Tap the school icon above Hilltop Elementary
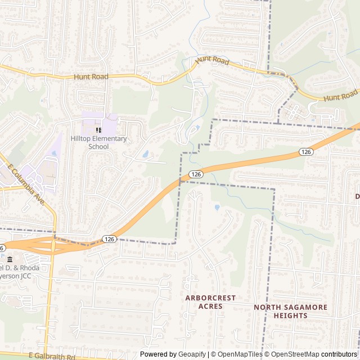(98, 130)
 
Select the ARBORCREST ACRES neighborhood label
(210, 302)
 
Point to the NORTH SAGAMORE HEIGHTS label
(290, 312)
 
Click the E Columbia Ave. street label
(26, 183)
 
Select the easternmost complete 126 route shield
(305, 152)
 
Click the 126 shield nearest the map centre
(195, 174)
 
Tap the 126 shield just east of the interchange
(110, 239)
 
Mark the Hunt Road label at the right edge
(341, 96)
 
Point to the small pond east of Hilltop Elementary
(146, 154)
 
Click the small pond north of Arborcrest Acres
(217, 208)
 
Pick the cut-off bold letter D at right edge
(357, 196)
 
